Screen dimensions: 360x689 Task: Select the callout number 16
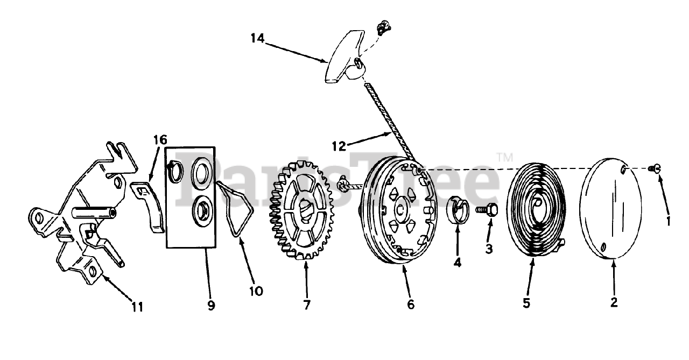(159, 141)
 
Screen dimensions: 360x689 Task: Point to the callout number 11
(137, 307)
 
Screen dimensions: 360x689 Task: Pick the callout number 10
(256, 291)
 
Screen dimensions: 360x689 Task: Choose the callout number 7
(306, 305)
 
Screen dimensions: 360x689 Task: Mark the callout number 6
(411, 305)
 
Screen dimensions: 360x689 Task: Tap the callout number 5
(526, 303)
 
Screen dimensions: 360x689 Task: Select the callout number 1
(667, 221)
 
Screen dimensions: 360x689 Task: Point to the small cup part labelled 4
(458, 210)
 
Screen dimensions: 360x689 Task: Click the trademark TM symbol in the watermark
(504, 158)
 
